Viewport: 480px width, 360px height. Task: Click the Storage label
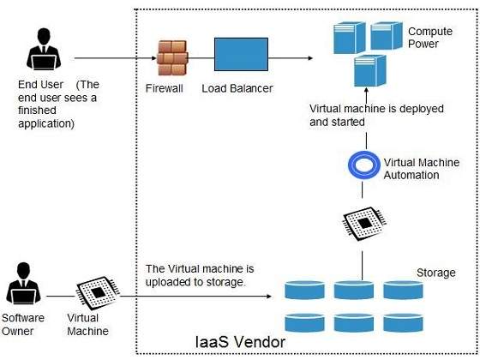(x=435, y=273)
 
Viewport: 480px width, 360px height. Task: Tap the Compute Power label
(x=429, y=38)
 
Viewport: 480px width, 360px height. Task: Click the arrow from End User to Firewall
(x=111, y=58)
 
